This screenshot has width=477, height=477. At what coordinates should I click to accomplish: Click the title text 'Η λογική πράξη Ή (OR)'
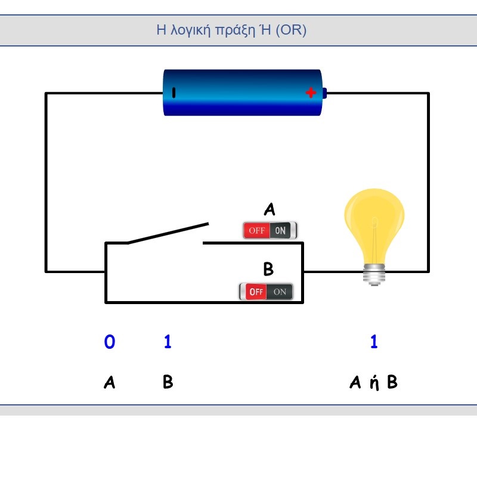(x=231, y=30)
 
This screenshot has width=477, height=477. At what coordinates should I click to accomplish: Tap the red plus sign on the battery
(x=311, y=92)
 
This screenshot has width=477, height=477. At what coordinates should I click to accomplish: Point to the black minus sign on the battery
(x=174, y=93)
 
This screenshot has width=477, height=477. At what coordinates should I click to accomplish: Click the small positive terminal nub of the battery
(x=324, y=93)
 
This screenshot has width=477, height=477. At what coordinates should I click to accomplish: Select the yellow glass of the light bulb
(x=374, y=226)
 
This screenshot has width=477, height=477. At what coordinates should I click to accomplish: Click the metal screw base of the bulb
(x=374, y=275)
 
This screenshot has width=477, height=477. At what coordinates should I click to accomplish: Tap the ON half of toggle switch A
(x=280, y=230)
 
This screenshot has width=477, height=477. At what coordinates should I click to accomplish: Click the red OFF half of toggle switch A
(x=257, y=230)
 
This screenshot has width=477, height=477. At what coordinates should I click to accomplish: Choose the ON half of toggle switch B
(x=280, y=292)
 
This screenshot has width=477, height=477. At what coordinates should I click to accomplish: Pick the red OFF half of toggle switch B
(x=256, y=292)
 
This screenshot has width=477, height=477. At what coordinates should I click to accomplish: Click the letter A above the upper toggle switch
(x=270, y=209)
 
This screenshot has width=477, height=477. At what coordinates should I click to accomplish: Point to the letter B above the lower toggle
(x=268, y=269)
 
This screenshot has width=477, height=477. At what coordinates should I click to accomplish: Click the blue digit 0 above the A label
(x=110, y=341)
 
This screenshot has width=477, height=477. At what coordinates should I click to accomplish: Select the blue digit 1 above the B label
(x=168, y=341)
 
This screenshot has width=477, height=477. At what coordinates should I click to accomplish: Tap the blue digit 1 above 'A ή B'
(x=374, y=341)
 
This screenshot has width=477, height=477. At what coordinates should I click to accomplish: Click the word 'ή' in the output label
(x=374, y=383)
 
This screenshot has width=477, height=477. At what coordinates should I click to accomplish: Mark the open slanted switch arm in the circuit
(x=168, y=233)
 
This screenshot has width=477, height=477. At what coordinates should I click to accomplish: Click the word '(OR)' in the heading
(x=291, y=30)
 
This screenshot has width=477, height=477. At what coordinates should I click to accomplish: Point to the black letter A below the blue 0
(x=110, y=382)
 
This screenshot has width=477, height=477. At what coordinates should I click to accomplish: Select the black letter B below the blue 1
(x=168, y=382)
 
